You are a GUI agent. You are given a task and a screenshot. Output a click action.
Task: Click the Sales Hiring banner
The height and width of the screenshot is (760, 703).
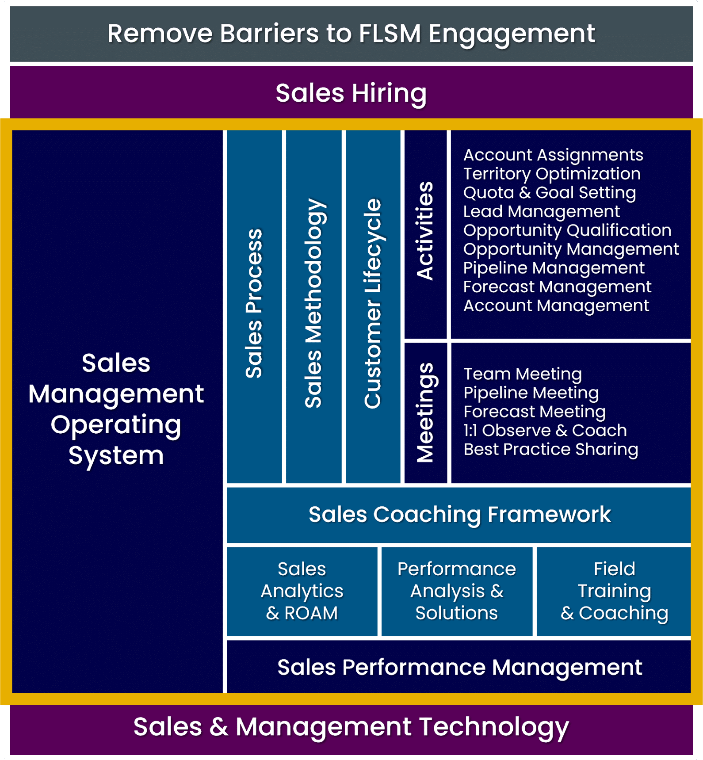351,93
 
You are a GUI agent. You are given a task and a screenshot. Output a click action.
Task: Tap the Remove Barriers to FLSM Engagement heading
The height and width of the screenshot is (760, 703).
351,34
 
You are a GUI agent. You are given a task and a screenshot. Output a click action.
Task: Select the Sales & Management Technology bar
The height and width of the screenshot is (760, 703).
351,727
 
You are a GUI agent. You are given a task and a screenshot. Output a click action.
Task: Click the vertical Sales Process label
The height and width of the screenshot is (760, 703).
254,304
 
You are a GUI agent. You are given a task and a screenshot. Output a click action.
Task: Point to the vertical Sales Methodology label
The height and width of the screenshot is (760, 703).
314,304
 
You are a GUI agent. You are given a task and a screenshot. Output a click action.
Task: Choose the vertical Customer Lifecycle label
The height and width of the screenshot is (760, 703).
373,304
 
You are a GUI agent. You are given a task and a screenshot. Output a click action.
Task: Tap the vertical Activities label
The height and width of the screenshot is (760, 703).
425,231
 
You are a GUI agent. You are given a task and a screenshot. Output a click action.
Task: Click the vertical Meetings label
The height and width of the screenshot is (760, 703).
425,412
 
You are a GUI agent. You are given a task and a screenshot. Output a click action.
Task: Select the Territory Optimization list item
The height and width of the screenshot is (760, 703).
552,174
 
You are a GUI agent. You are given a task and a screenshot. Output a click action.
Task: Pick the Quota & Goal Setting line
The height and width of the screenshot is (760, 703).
550,193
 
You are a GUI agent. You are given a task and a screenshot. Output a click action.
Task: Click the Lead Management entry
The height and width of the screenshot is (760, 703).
541,211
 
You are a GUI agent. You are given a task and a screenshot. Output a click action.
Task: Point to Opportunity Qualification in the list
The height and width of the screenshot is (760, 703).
567,230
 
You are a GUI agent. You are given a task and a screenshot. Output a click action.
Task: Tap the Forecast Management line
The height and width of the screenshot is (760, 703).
557,287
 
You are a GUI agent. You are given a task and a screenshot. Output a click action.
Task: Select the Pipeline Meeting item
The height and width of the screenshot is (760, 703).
531,393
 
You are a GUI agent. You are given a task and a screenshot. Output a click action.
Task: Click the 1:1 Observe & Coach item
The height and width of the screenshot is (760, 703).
545,430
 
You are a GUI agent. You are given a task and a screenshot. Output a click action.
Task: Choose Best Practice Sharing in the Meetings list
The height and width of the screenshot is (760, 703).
550,449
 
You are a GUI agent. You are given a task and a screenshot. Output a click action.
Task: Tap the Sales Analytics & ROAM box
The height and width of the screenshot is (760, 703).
302,591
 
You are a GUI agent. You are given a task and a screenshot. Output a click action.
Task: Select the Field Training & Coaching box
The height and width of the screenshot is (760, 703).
614,591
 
